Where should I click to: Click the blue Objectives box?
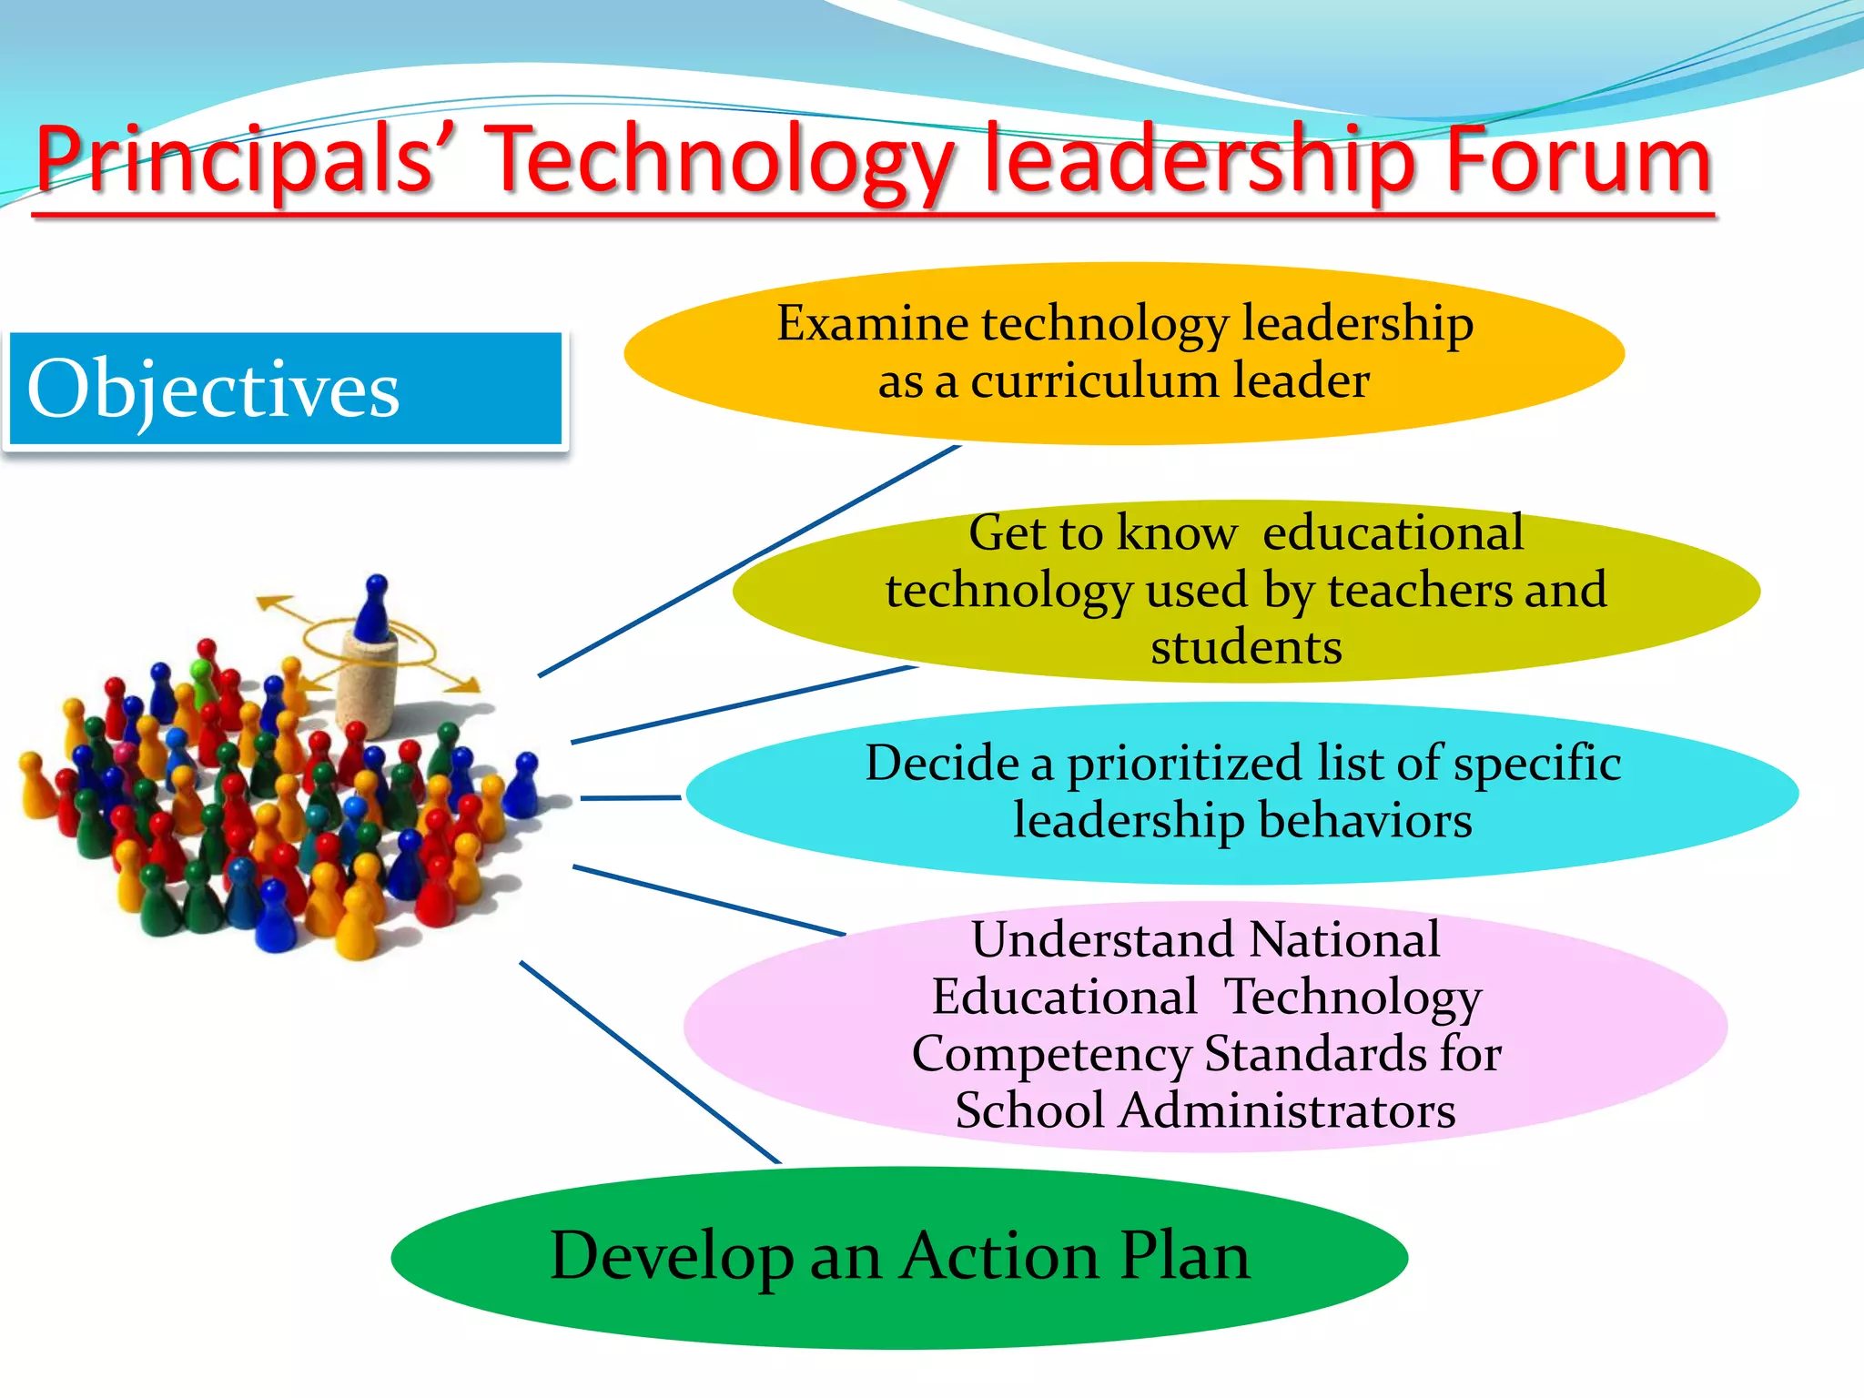pyautogui.click(x=285, y=389)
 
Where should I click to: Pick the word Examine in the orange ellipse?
pyautogui.click(x=872, y=324)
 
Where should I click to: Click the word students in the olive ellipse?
pyautogui.click(x=1246, y=647)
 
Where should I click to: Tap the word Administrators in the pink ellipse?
pyautogui.click(x=1287, y=1110)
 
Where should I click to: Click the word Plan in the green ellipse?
pyautogui.click(x=1184, y=1256)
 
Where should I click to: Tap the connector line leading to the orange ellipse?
pyautogui.click(x=746, y=562)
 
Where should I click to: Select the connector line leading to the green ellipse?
pyautogui.click(x=650, y=1062)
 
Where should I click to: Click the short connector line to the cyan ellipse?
pyautogui.click(x=630, y=798)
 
